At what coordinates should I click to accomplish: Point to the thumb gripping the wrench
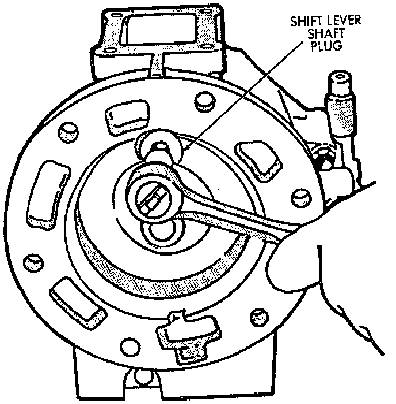pyautogui.click(x=288, y=262)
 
